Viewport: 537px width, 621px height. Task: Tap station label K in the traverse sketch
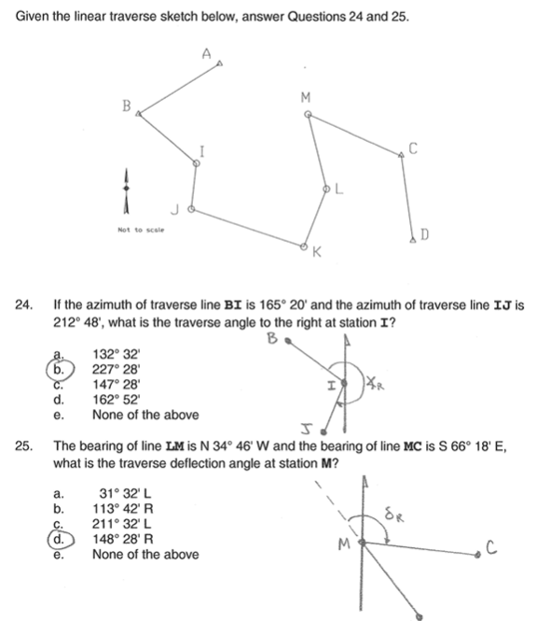coord(317,252)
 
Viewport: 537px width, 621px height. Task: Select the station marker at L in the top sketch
coord(327,188)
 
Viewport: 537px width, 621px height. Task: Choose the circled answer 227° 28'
coord(116,369)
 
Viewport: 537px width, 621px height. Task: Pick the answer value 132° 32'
coord(116,354)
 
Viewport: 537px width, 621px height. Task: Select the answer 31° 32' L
coord(122,493)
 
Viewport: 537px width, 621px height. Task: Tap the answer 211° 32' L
coord(122,523)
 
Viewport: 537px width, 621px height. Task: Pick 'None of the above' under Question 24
coord(145,414)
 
